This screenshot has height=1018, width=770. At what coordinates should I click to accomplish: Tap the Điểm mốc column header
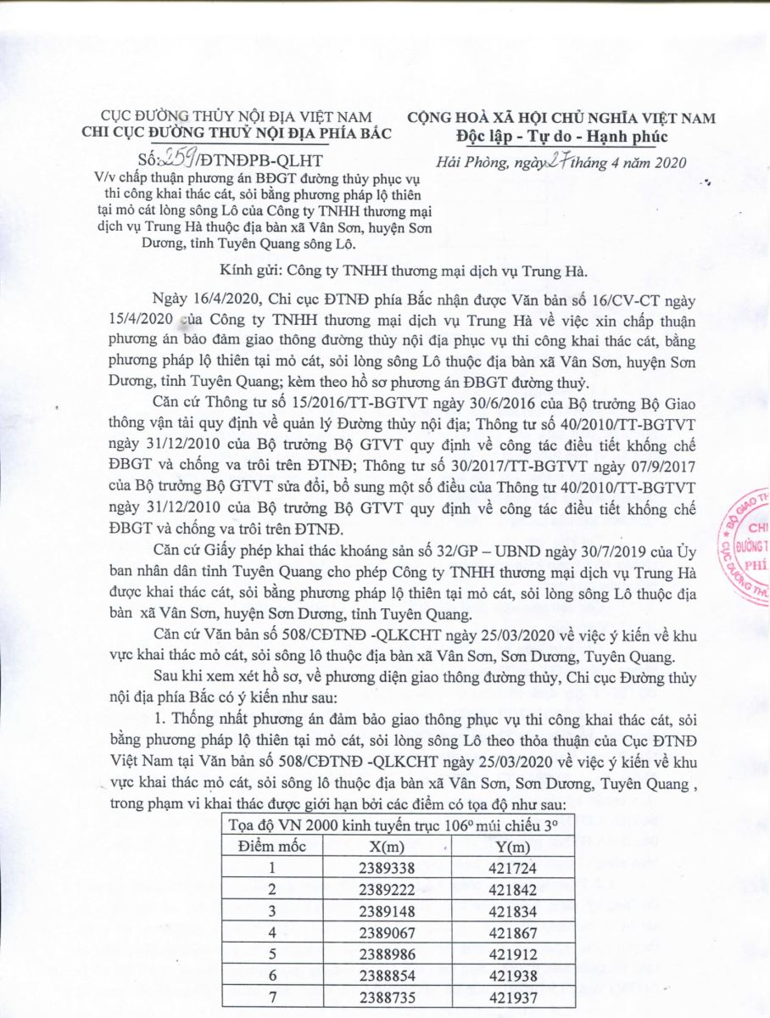[x=272, y=845]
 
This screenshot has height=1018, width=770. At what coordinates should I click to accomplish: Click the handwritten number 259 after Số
[x=180, y=159]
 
